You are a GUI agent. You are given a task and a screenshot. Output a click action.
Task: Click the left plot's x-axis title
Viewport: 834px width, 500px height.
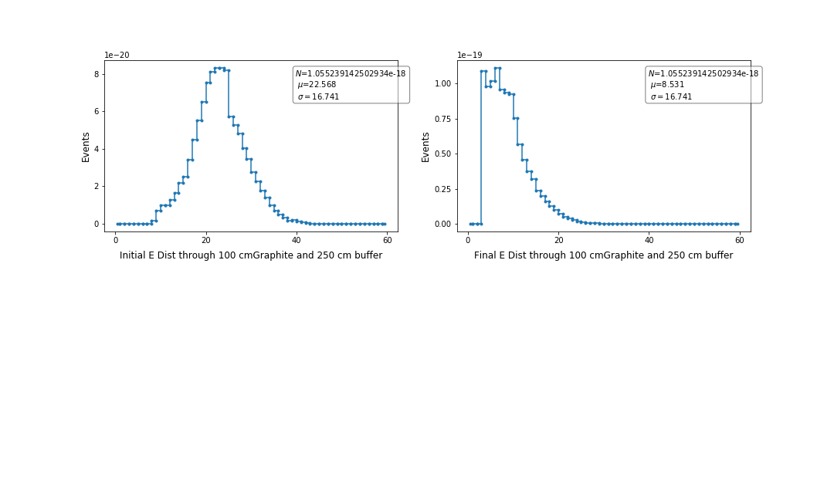coord(251,255)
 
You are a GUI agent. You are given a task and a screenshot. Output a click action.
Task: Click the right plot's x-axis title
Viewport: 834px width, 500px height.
coord(603,255)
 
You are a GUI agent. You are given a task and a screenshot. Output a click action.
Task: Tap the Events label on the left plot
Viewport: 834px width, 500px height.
coord(86,147)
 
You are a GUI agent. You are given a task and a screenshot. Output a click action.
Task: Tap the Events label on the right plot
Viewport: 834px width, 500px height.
coord(425,147)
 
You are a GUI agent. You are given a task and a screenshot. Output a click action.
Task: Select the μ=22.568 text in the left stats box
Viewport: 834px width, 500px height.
coord(317,85)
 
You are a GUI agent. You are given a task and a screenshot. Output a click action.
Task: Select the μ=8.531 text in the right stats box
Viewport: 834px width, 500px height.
coord(666,85)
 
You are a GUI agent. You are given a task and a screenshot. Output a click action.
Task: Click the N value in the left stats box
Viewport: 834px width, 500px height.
coord(351,73)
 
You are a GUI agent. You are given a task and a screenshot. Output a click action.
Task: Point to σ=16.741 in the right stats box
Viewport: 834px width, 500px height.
coord(671,96)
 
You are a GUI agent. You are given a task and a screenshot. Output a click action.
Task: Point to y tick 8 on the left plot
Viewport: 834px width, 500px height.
coord(97,74)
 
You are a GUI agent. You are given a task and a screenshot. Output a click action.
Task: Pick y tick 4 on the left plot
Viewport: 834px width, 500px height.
coord(97,149)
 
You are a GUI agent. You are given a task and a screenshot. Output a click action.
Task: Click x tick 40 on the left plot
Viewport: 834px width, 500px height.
coord(297,240)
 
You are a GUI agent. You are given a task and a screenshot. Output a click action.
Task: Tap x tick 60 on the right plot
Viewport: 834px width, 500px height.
coord(740,240)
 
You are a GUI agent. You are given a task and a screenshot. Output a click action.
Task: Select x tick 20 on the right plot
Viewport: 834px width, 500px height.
coord(558,240)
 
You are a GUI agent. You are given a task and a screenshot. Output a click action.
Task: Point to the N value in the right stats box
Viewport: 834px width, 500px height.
coord(703,73)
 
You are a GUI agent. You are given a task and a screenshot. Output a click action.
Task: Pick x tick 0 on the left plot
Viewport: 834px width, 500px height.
coord(116,240)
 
